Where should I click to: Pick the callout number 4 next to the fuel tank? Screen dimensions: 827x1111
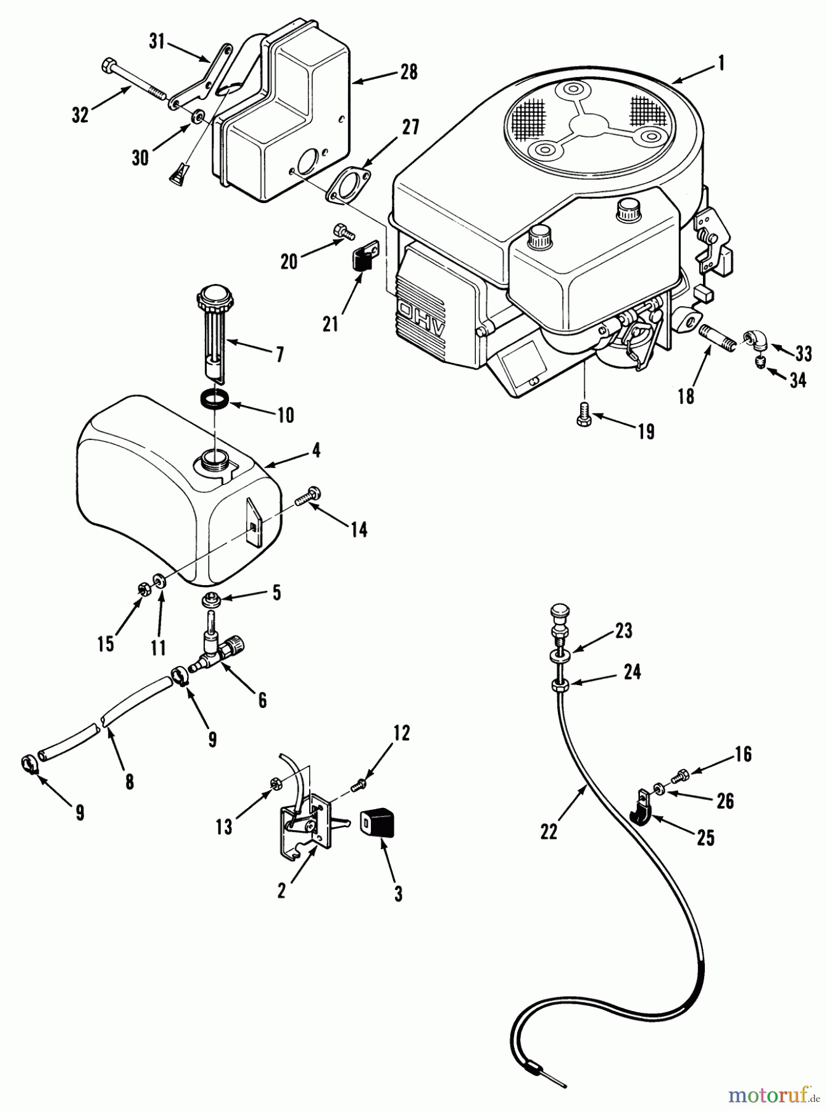316,451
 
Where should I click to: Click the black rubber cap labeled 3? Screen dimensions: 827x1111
378,824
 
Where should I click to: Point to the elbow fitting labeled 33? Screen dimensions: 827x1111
755,339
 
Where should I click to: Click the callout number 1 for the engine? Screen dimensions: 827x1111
720,63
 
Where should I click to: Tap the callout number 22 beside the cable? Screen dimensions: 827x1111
549,832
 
